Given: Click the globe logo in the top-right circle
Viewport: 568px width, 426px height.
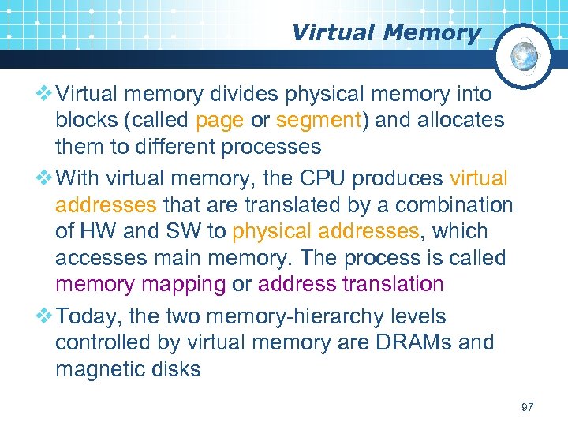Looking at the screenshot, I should pyautogui.click(x=525, y=56).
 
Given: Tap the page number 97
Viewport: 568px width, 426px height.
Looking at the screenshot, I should pyautogui.click(x=528, y=407).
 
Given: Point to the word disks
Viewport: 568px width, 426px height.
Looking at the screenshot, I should pyautogui.click(x=174, y=368).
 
